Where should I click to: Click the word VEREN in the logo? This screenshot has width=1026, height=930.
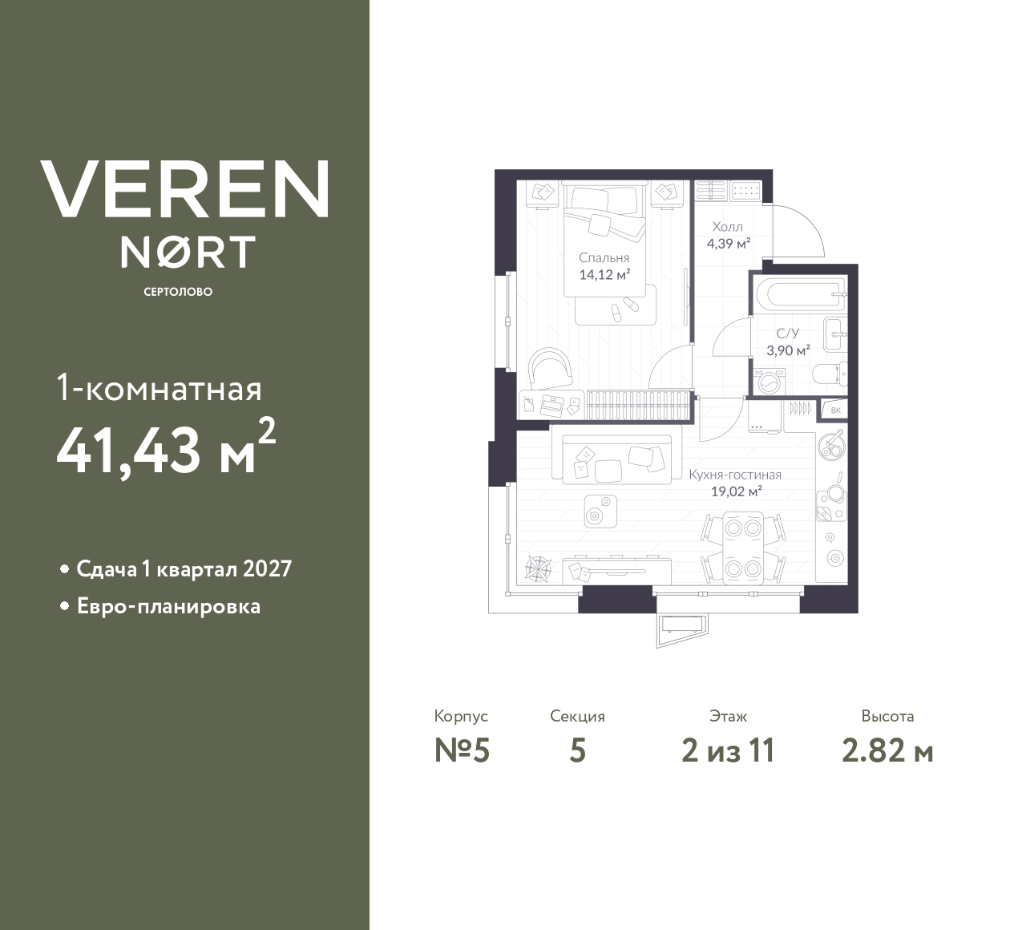click(185, 189)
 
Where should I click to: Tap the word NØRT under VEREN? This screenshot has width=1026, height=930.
click(188, 252)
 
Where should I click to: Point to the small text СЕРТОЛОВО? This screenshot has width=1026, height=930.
click(178, 292)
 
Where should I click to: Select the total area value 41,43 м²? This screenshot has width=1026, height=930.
click(166, 448)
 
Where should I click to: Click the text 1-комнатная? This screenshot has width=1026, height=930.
click(160, 390)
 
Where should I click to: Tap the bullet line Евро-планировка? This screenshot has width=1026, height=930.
click(168, 606)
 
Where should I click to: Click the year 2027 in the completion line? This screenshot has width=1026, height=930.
click(267, 569)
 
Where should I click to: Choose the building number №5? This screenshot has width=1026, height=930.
click(461, 751)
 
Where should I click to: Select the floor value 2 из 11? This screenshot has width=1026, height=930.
click(728, 751)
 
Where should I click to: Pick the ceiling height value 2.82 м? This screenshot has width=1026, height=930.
click(887, 751)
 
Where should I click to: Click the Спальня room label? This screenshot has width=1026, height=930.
click(604, 258)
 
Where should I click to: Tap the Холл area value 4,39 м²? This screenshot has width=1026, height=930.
click(728, 243)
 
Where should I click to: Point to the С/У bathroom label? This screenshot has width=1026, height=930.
click(788, 334)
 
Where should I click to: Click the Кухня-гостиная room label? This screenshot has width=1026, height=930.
click(735, 475)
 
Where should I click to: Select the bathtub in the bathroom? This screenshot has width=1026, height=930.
click(799, 294)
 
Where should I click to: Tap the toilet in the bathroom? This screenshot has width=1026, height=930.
click(826, 374)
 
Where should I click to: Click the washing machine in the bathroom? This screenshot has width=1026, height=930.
click(769, 382)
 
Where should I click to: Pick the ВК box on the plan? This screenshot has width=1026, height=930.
click(835, 410)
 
